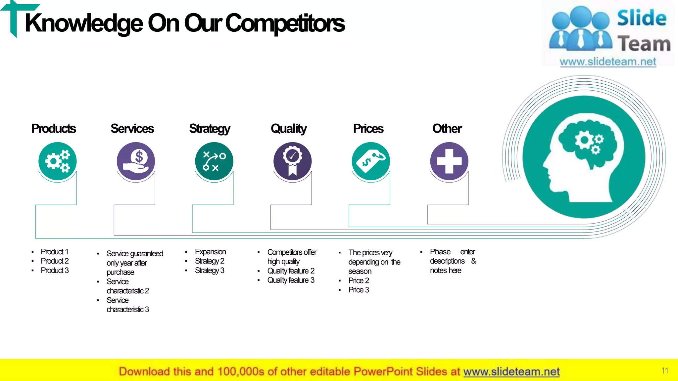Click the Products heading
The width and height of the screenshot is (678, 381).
click(54, 129)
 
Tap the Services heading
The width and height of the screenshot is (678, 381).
click(132, 129)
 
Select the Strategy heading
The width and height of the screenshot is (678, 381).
click(210, 129)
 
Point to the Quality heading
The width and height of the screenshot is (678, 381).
click(289, 129)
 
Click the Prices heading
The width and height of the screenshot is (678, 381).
click(368, 129)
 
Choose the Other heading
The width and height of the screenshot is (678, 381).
click(447, 129)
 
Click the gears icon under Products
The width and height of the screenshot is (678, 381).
click(58, 161)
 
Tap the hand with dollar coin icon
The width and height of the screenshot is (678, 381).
click(136, 161)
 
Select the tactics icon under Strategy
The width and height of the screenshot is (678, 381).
click(214, 161)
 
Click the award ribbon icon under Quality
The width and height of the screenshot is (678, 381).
click(292, 161)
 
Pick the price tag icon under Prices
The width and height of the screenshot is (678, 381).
click(371, 161)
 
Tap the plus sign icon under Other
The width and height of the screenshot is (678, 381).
click(449, 161)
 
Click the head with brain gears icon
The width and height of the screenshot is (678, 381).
click(584, 157)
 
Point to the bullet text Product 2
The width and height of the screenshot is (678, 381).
click(55, 261)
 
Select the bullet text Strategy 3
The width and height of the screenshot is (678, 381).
click(210, 271)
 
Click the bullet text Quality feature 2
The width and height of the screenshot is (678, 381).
click(291, 271)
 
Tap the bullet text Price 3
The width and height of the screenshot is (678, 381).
click(359, 290)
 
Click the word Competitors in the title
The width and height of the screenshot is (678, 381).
click(285, 23)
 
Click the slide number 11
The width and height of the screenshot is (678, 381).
click(665, 371)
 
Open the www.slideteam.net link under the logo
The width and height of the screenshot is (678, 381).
click(608, 62)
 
